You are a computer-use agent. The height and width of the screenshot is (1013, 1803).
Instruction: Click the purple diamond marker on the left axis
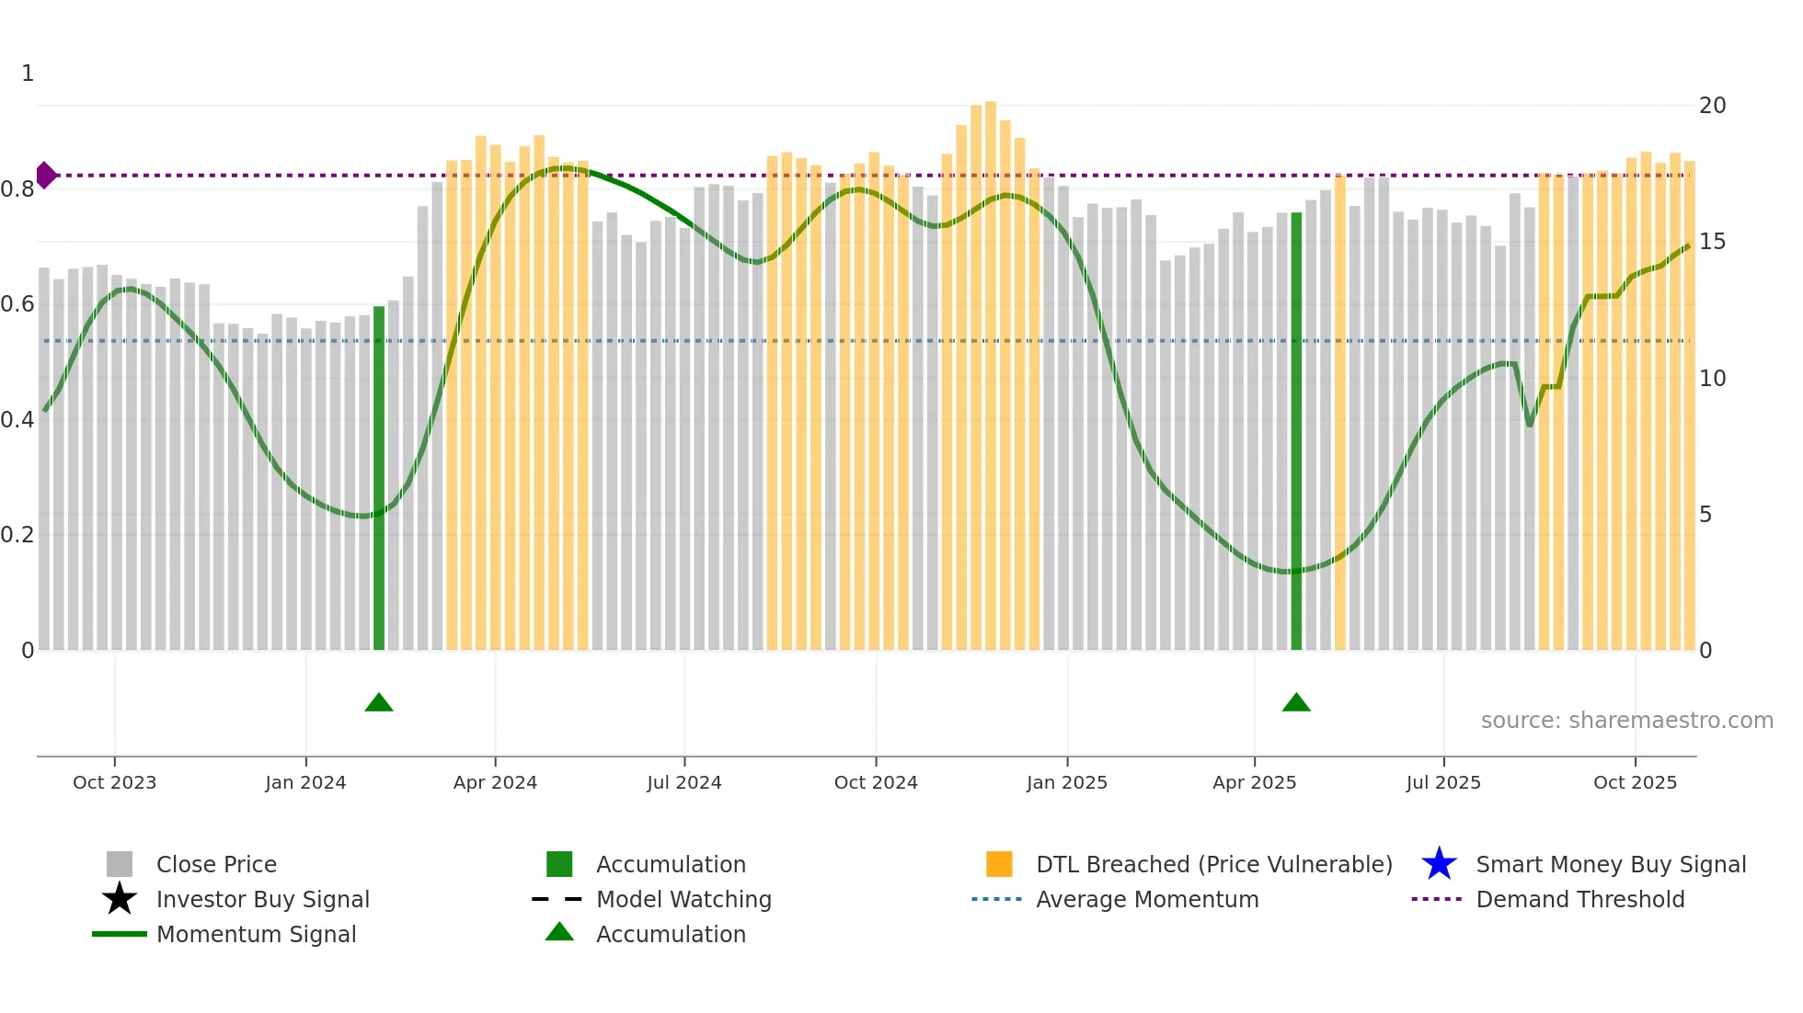pos(45,175)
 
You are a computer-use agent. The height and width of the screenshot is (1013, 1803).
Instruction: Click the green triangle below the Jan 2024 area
pos(379,703)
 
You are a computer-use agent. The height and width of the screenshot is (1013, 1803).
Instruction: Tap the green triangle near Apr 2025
pos(1296,703)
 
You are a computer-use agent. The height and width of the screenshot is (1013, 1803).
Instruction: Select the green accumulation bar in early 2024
pos(379,478)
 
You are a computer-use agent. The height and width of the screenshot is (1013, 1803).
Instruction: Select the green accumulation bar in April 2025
pos(1296,432)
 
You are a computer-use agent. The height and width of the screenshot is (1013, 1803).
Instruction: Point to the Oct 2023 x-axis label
pos(114,782)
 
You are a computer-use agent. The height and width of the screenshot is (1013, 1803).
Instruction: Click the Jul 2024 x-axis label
pos(683,782)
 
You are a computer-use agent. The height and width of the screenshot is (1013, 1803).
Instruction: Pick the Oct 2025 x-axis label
pos(1635,782)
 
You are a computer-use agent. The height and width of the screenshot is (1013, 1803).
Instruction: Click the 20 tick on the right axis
pos(1712,106)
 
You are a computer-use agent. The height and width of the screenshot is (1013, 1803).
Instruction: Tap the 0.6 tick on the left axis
pos(18,304)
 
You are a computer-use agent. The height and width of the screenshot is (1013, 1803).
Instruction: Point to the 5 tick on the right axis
pos(1705,515)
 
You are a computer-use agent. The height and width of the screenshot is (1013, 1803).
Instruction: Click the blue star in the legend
pos(1439,864)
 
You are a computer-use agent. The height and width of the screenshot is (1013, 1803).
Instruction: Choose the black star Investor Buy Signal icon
pos(120,899)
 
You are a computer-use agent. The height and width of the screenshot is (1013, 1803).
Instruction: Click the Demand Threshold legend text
pos(1579,899)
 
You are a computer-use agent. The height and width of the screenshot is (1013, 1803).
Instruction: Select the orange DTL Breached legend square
pos(999,864)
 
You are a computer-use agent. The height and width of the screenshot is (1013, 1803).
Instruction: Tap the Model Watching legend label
pos(683,899)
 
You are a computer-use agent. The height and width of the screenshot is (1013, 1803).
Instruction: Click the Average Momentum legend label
pos(1147,899)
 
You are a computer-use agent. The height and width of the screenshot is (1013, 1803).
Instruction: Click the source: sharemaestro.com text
pos(1626,721)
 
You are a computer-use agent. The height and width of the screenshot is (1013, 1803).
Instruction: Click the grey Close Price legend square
pos(120,864)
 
